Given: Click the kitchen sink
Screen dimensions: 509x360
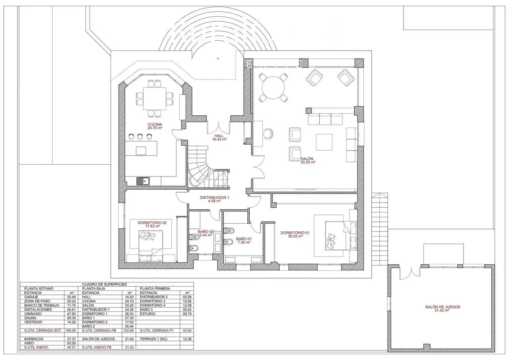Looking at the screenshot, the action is pyautogui.click(x=143, y=181).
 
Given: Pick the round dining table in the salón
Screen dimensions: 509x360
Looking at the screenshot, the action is pyautogui.click(x=273, y=88).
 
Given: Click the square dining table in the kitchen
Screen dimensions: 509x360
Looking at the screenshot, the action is pyautogui.click(x=154, y=98).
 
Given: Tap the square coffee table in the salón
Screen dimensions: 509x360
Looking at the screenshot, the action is pyautogui.click(x=324, y=142).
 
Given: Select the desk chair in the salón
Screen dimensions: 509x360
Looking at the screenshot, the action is pyautogui.click(x=268, y=133).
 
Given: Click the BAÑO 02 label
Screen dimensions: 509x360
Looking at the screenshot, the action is pyautogui.click(x=205, y=233).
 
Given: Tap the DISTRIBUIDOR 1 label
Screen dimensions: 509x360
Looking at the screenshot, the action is pyautogui.click(x=214, y=199).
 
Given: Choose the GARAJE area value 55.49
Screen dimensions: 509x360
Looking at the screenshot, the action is pyautogui.click(x=72, y=297).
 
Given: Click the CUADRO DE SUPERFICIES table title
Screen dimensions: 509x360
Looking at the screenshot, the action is pyautogui.click(x=104, y=284).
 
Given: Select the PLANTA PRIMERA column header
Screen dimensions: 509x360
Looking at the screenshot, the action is pyautogui.click(x=155, y=288).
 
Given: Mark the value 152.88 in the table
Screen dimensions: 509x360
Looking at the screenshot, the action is pyautogui.click(x=129, y=330).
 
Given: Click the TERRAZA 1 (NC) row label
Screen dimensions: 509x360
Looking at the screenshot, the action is pyautogui.click(x=153, y=339).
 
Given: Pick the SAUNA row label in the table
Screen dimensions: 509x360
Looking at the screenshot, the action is pyautogui.click(x=30, y=318).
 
